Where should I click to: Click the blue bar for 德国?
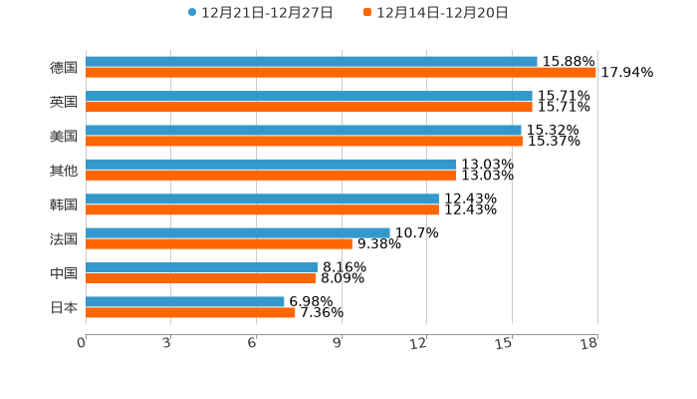[311, 62]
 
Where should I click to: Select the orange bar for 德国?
[341, 73]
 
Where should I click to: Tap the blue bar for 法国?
[237, 232]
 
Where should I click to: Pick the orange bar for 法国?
[218, 243]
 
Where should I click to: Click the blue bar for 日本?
[184, 301]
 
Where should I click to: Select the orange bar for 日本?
[190, 312]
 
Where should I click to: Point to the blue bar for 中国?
[201, 267]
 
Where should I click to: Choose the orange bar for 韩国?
[262, 209]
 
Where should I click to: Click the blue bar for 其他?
[271, 164]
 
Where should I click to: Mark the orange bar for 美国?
[304, 141]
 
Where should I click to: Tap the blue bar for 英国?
[309, 96]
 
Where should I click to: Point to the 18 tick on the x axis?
[589, 344]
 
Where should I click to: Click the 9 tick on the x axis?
[338, 344]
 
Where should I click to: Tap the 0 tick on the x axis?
[82, 344]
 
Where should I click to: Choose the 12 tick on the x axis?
[419, 344]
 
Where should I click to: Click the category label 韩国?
[64, 204]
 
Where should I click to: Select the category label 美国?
[64, 136]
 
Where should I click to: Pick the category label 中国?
[64, 273]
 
